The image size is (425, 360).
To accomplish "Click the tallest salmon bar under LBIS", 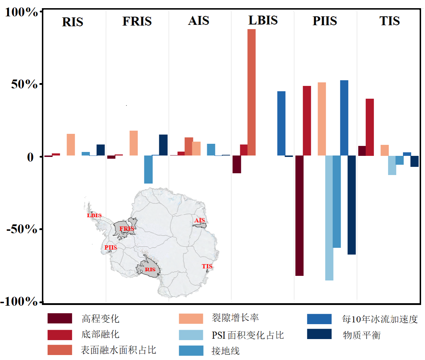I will (251, 92).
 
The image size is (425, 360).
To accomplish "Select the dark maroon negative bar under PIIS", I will (299, 216).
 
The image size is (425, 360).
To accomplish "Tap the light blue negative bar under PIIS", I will (329, 218).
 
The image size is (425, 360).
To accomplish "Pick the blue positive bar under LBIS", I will (281, 123).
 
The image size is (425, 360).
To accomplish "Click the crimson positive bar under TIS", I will (370, 127).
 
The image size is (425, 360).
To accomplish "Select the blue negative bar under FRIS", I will (148, 169).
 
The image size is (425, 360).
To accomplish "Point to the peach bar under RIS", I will (71, 144).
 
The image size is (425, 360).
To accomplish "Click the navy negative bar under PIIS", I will (351, 205).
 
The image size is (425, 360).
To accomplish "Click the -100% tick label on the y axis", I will (20, 301).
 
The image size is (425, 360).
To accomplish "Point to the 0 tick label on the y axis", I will (30, 157).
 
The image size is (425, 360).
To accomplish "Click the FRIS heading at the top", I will (137, 21).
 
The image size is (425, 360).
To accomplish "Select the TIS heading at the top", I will (389, 21).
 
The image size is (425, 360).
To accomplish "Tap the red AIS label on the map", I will (199, 220).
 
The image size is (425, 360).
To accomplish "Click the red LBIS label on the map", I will (94, 216).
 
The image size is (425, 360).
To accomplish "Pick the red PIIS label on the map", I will (111, 247).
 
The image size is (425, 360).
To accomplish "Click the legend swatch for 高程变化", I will (60, 318).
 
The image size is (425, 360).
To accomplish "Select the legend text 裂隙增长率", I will (235, 318).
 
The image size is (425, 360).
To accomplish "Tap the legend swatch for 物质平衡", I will (319, 334).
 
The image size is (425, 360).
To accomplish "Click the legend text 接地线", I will (225, 351).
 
